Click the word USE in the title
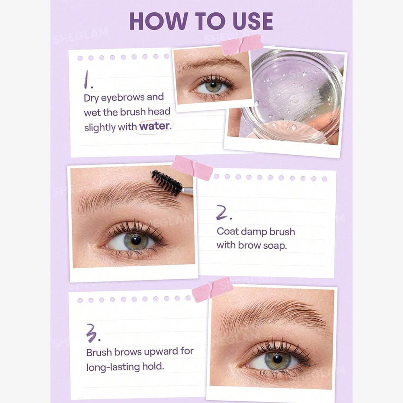click(x=253, y=21)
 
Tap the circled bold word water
click(x=154, y=126)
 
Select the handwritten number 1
click(x=88, y=80)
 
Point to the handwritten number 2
click(x=224, y=212)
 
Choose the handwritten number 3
click(x=93, y=333)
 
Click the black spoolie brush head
click(x=166, y=183)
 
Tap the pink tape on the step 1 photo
click(x=242, y=44)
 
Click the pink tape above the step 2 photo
click(x=192, y=168)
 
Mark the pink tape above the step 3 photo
click(x=212, y=289)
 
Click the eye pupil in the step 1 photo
click(x=213, y=84)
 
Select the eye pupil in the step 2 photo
click(x=136, y=240)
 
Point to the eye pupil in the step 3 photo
click(x=277, y=359)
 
